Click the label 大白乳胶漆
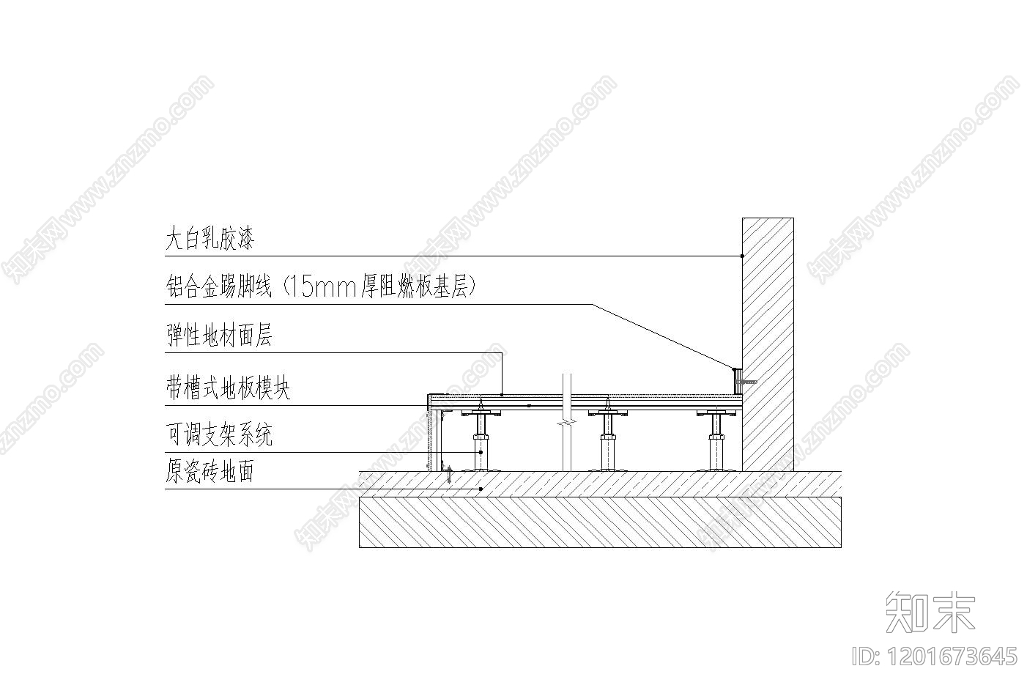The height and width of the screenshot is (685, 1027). pos(210,239)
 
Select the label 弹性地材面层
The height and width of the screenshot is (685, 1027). pos(219,336)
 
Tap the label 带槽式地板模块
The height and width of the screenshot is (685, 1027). pos(228,388)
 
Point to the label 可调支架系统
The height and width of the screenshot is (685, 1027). pos(219,435)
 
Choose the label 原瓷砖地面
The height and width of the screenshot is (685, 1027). pos(210,473)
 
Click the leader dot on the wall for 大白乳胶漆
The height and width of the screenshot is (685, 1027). pos(742,256)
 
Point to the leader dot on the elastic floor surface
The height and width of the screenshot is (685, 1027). pos(503,394)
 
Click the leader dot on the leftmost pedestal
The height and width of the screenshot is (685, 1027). pos(481,452)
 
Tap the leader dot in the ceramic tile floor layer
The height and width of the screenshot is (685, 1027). pos(481,489)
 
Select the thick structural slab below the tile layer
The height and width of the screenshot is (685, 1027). pos(600,522)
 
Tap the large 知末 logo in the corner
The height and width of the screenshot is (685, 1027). pos(930,612)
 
